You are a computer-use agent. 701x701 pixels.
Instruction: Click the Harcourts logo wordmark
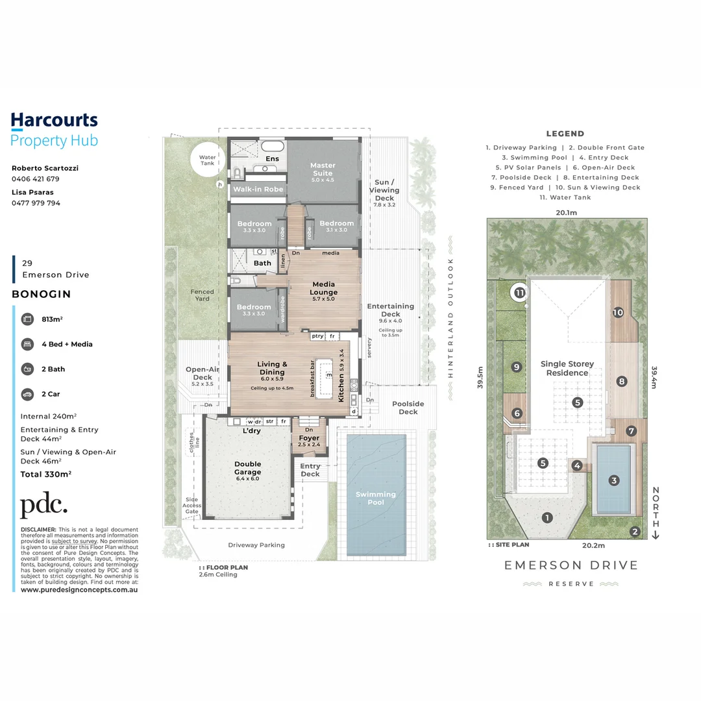pyautogui.click(x=55, y=120)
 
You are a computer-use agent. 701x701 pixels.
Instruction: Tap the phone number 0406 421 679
pyautogui.click(x=36, y=178)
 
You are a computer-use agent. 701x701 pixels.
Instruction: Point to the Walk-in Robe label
pyautogui.click(x=258, y=190)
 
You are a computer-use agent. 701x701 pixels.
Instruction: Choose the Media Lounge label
pyautogui.click(x=325, y=288)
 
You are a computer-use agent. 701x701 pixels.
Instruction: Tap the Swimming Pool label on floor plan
pyautogui.click(x=376, y=498)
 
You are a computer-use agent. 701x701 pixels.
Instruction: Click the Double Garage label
pyautogui.click(x=247, y=468)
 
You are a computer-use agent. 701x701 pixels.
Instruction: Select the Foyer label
pyautogui.click(x=309, y=438)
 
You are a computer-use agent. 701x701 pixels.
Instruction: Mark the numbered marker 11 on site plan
pyautogui.click(x=520, y=293)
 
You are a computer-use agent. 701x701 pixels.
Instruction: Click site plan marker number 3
pyautogui.click(x=613, y=480)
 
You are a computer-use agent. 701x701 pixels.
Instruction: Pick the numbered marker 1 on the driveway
pyautogui.click(x=547, y=517)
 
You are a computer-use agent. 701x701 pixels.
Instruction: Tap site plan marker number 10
pyautogui.click(x=617, y=312)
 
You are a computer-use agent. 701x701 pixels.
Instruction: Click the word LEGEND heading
pyautogui.click(x=565, y=134)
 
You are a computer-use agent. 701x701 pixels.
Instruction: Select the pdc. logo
pyautogui.click(x=43, y=506)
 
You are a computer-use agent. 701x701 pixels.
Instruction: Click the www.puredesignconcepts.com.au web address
pyautogui.click(x=79, y=589)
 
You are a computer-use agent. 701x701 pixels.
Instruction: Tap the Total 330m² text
pyautogui.click(x=46, y=474)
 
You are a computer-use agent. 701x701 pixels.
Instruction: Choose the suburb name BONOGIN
pyautogui.click(x=42, y=294)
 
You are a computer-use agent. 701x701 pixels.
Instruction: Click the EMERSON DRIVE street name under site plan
pyautogui.click(x=571, y=565)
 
